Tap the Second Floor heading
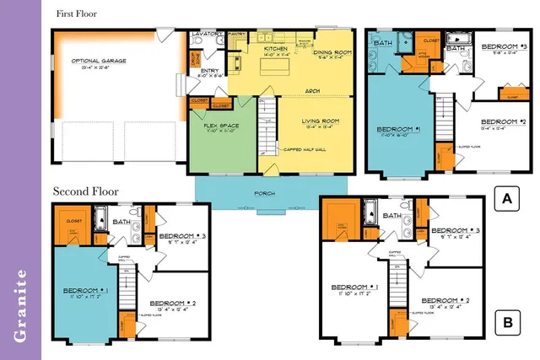pos(86,191)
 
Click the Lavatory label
pos(207,34)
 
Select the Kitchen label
pos(276,50)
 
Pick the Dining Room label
pos(332,53)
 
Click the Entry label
pos(209,72)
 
